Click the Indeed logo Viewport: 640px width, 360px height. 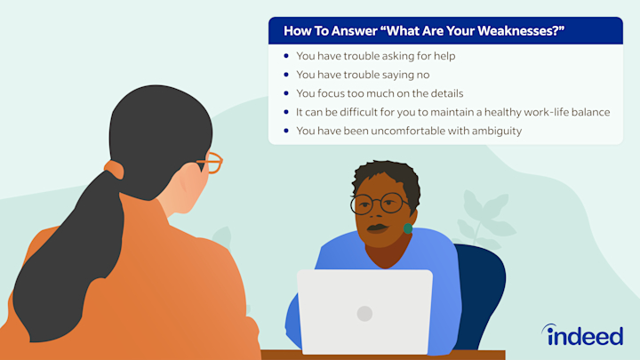582,335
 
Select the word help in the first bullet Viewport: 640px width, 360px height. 444,56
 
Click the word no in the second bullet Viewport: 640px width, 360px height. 424,75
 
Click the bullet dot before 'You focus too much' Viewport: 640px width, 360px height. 286,93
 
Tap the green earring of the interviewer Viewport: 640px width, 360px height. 407,228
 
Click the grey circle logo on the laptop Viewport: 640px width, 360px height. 364,314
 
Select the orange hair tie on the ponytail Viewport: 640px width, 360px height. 115,169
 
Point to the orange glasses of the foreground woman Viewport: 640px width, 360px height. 211,163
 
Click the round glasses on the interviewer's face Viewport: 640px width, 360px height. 380,204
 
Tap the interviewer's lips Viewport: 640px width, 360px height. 378,228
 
